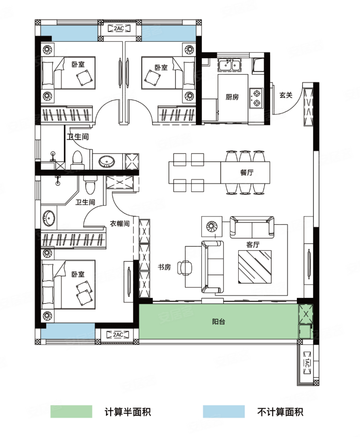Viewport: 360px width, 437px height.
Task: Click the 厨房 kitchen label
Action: [232, 97]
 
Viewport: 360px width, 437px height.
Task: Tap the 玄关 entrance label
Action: [286, 95]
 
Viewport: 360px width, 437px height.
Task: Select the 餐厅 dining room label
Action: [247, 172]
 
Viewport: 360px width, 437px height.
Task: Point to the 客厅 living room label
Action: [253, 244]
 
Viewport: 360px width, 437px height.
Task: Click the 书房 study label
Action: [164, 267]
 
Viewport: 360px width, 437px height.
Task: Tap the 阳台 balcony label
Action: [218, 322]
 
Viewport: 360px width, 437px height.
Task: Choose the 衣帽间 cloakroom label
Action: [120, 223]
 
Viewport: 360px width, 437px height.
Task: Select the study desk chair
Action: [185, 268]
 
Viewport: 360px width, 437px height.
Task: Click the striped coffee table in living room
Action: [255, 267]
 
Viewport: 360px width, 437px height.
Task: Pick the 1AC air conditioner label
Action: [307, 363]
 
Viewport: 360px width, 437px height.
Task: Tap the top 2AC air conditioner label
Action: [119, 28]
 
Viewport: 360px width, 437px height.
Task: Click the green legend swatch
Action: [71, 412]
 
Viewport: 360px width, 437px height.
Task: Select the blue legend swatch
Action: [224, 412]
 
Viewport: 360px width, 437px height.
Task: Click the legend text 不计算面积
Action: [280, 412]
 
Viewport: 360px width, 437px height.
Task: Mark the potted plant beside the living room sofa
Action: [212, 226]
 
